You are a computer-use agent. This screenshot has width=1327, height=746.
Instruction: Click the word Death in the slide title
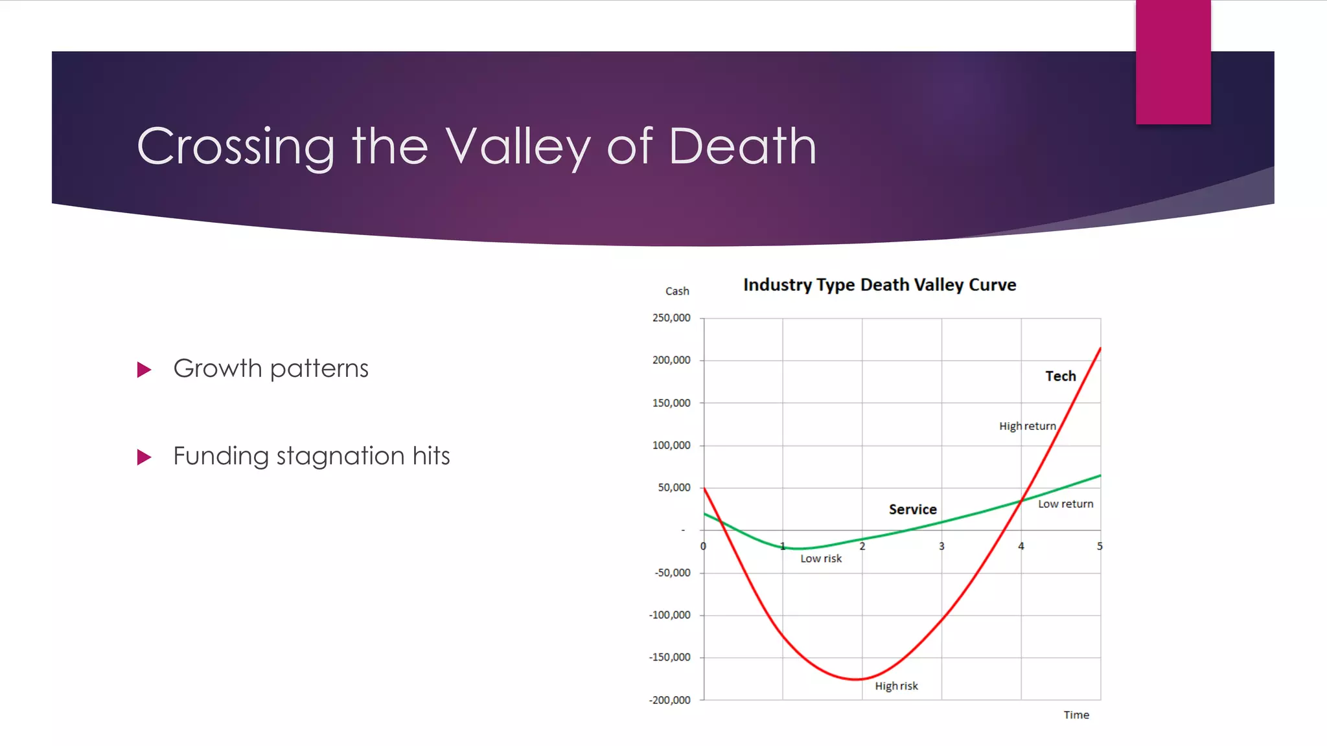pos(742,146)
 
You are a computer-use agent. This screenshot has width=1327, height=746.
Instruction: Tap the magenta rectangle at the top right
pos(1173,62)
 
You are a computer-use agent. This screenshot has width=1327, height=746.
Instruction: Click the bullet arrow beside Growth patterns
pos(144,370)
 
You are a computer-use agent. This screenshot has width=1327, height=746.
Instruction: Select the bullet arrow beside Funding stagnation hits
pos(144,457)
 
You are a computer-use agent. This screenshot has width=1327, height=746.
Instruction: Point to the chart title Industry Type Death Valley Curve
pos(879,285)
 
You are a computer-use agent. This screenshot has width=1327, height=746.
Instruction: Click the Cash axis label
pos(677,291)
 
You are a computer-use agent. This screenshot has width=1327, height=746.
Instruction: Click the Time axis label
pos(1076,715)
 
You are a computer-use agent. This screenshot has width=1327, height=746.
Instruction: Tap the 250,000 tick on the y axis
pos(671,318)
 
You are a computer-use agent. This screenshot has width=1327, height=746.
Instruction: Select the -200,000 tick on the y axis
pos(670,700)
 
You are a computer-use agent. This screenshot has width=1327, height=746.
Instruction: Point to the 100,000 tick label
pos(671,446)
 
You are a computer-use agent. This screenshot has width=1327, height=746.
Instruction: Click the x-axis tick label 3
pos(941,547)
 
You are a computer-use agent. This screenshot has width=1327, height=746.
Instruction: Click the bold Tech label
pos(1060,376)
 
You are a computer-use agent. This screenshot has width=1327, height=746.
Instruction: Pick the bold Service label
pos(912,510)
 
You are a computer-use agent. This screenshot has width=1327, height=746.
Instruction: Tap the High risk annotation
pos(896,686)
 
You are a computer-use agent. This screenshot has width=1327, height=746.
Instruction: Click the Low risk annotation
pos(821,559)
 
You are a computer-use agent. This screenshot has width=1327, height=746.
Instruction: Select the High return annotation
pos(1027,426)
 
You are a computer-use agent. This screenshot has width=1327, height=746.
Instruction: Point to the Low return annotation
pos(1065,504)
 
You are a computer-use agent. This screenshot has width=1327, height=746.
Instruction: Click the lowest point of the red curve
pos(855,679)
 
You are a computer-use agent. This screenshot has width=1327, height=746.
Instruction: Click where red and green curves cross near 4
pos(1022,500)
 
